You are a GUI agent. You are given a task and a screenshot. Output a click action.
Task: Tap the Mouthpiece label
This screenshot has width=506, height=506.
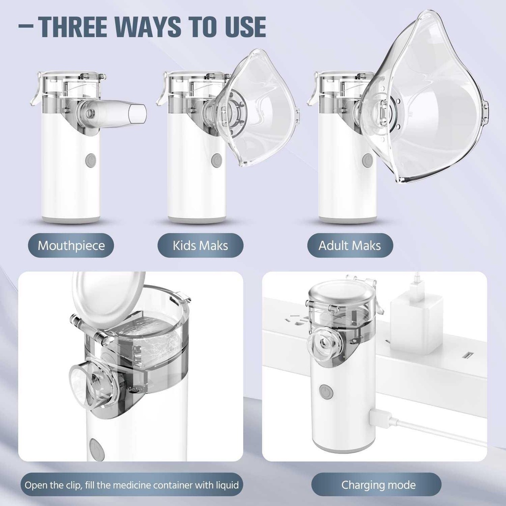(71, 246)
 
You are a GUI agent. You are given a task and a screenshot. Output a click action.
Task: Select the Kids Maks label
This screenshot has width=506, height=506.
(200, 246)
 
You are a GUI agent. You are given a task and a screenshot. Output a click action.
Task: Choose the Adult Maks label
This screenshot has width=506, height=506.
(350, 246)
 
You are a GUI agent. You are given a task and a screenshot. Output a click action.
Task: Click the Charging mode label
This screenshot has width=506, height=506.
(378, 485)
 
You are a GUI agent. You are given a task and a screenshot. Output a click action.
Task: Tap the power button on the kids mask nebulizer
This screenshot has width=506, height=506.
(216, 161)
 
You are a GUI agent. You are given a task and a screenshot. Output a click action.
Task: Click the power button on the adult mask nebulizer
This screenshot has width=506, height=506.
(367, 161)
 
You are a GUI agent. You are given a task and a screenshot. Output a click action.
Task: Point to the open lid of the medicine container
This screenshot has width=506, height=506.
(108, 299)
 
